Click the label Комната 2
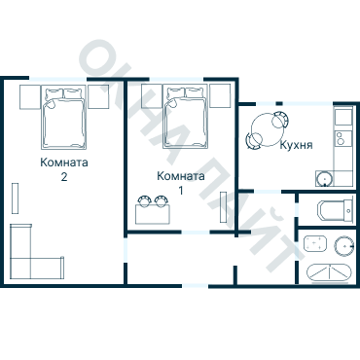(64, 169)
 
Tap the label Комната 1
(181, 183)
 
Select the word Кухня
(296, 145)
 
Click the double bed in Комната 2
(63, 119)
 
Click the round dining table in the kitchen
(268, 129)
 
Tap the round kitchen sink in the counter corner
(324, 179)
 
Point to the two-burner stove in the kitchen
(343, 138)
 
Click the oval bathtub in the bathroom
(329, 272)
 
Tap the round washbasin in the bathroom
(343, 245)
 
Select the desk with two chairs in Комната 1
(153, 210)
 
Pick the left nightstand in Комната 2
(30, 97)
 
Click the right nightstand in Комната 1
(220, 95)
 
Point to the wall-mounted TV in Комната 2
(15, 198)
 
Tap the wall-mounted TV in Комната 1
(223, 207)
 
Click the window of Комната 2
(58, 79)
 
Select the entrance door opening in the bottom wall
(195, 286)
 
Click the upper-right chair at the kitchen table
(280, 120)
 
